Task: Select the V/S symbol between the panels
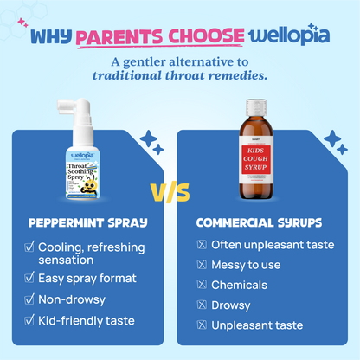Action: click(180, 192)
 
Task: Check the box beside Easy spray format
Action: click(29, 279)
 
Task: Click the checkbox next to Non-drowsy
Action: click(29, 300)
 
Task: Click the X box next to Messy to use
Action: click(202, 264)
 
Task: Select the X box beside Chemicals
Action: click(202, 285)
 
